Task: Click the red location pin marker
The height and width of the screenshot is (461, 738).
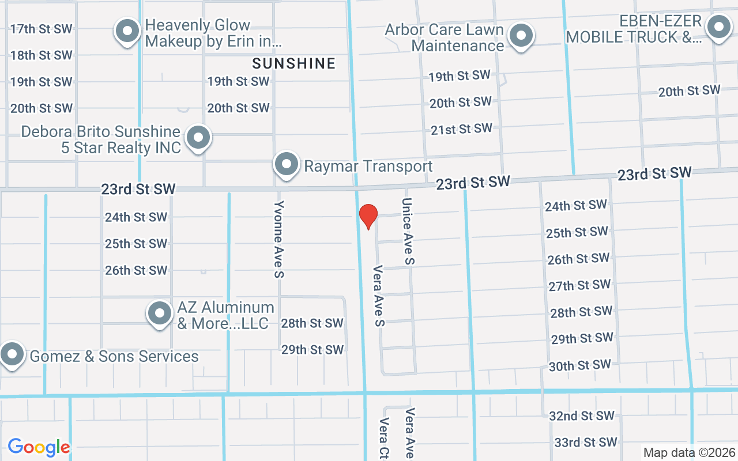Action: [368, 216]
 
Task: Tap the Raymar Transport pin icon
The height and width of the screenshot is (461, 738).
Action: [287, 164]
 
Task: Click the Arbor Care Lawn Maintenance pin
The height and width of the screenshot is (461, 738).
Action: [522, 36]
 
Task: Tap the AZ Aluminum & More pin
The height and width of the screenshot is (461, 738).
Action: [160, 314]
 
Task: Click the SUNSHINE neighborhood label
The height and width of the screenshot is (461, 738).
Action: [294, 63]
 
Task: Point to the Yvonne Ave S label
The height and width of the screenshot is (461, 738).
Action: [279, 239]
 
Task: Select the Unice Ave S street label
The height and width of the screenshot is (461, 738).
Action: [408, 231]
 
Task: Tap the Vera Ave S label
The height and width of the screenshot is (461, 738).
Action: [379, 296]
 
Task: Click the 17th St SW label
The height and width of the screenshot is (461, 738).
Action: [42, 29]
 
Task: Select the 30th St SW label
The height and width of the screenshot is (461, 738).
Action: [579, 365]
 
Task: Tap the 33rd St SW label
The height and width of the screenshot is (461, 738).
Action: [586, 442]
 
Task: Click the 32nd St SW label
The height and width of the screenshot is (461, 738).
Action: [582, 415]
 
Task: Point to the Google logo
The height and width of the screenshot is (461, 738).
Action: [39, 447]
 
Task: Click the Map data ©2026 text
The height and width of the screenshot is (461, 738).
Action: [688, 452]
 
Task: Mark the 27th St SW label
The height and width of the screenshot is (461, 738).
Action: [579, 285]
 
